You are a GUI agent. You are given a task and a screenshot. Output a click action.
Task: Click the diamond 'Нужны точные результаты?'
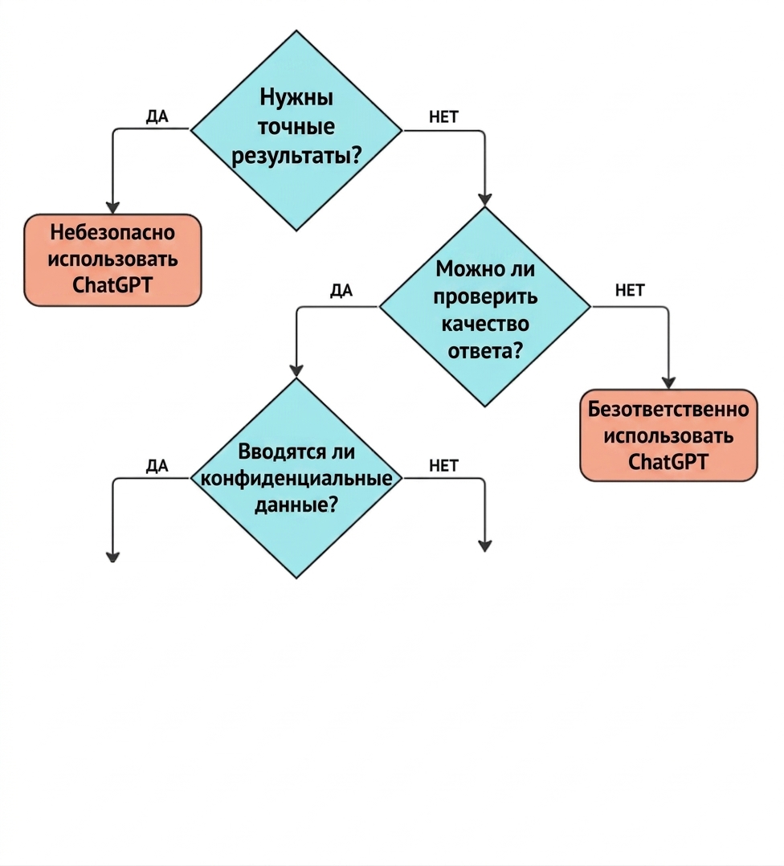(x=296, y=130)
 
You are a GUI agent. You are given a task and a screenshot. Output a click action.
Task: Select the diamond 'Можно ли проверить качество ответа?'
(x=484, y=307)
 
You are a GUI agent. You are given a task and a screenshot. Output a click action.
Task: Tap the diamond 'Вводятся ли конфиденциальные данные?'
(x=296, y=478)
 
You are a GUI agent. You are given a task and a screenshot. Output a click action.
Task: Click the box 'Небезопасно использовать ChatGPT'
(x=112, y=259)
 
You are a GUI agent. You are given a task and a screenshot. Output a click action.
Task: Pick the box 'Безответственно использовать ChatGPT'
(x=668, y=435)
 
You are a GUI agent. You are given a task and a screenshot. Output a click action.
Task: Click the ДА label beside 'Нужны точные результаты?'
(x=157, y=116)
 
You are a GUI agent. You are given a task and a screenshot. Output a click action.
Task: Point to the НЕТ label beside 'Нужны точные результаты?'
(x=444, y=116)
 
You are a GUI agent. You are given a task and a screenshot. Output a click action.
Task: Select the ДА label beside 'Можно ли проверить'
(x=341, y=291)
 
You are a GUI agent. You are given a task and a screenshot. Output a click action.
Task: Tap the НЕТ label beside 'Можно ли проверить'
(x=630, y=290)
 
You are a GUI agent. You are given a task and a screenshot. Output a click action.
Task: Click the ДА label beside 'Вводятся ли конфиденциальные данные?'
(x=157, y=466)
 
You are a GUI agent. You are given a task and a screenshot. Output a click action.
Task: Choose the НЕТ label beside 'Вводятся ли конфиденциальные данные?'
(x=444, y=466)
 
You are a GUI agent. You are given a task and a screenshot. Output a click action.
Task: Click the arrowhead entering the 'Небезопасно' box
(x=112, y=207)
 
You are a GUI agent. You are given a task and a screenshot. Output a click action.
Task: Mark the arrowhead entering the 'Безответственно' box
(x=668, y=382)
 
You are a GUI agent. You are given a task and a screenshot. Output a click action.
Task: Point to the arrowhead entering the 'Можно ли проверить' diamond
(x=484, y=200)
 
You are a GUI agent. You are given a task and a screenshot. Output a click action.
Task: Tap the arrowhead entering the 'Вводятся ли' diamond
(x=296, y=371)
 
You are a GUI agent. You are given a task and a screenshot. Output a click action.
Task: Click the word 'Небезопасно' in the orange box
(x=112, y=232)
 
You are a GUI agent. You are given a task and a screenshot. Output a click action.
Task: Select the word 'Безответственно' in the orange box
(x=668, y=409)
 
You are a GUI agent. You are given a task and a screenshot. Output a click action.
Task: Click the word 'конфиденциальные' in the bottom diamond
(x=296, y=478)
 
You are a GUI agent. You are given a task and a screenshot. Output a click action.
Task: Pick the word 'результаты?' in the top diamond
(x=296, y=157)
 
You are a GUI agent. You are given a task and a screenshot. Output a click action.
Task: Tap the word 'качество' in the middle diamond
(x=484, y=324)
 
